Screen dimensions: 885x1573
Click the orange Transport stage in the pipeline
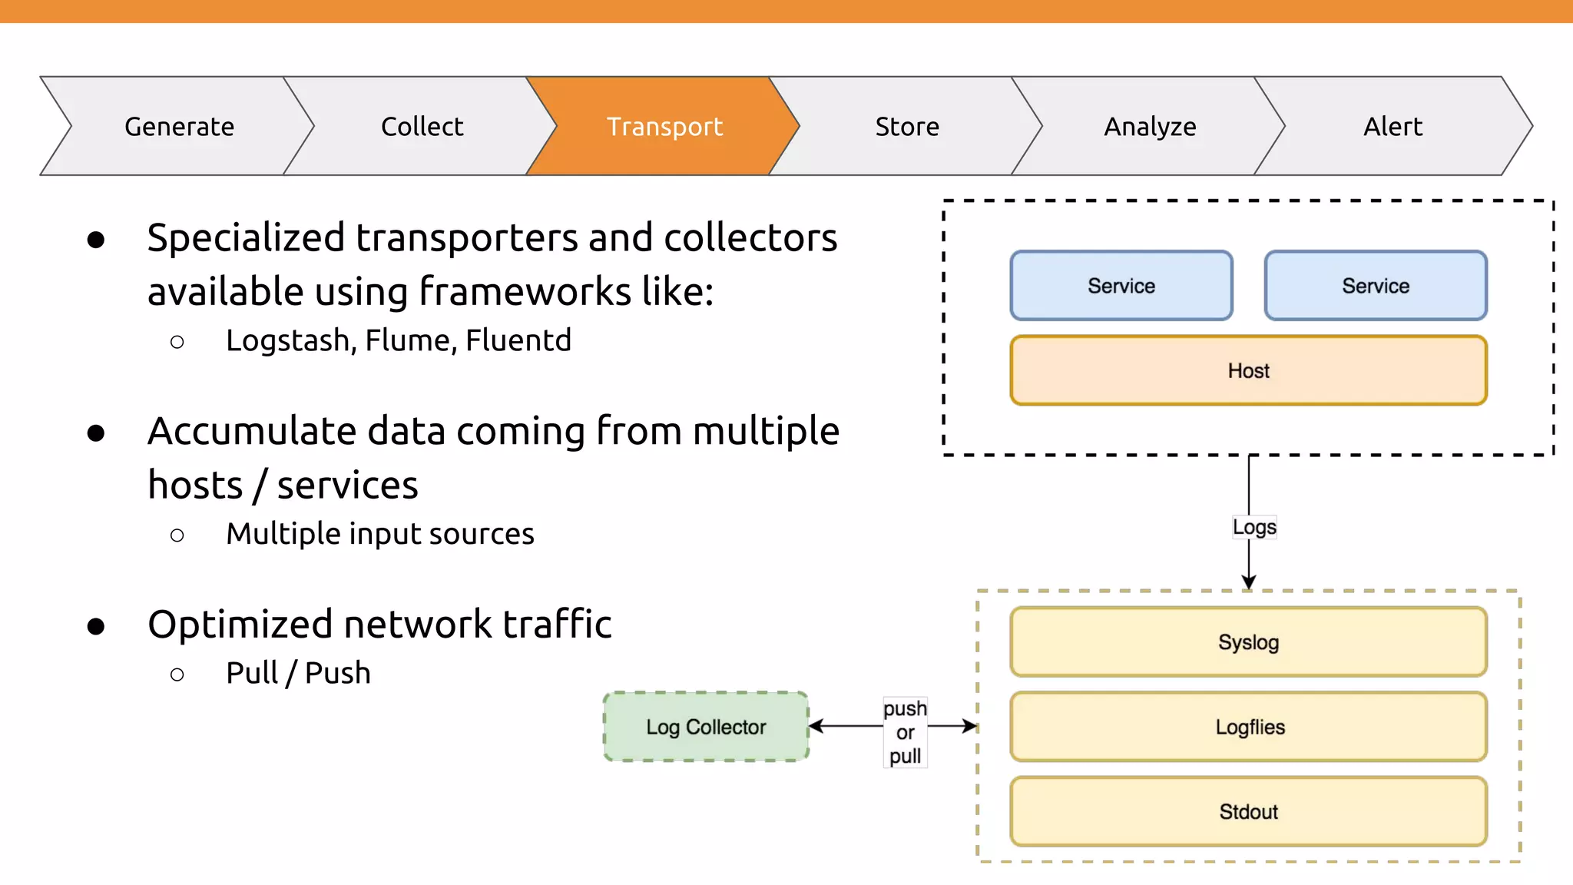tap(664, 126)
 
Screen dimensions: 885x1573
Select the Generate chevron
tap(179, 126)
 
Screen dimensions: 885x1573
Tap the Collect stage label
tap(422, 126)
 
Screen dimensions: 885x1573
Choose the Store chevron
tap(907, 126)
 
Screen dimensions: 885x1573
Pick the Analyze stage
tap(1150, 126)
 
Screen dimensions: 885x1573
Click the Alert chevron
tap(1393, 126)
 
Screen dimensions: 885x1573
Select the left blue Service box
tap(1121, 286)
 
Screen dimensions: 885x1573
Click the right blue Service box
tap(1376, 286)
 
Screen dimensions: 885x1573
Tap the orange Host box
tap(1248, 370)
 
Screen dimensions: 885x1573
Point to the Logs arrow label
tap(1254, 527)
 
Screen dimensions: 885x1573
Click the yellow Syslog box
tap(1248, 642)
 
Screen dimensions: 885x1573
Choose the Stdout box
tap(1248, 811)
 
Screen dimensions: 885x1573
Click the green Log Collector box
tap(706, 727)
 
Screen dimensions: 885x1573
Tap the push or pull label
tap(905, 732)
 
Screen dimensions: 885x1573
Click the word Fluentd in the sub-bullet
tap(518, 340)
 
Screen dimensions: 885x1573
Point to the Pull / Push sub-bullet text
tap(298, 673)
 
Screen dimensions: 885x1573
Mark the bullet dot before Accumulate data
tap(96, 433)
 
